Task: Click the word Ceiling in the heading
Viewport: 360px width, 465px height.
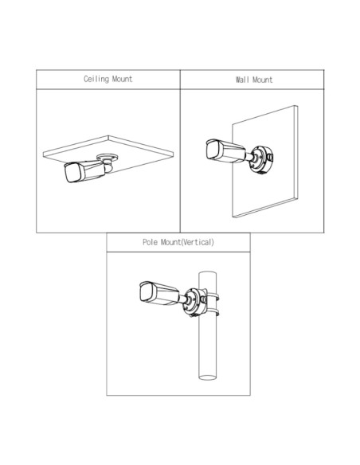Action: (96, 79)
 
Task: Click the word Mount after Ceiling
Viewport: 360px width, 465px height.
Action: (122, 79)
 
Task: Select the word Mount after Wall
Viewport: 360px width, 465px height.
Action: (262, 80)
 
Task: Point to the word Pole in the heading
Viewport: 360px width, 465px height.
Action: (150, 242)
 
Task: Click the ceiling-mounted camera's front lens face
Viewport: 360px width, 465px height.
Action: (72, 172)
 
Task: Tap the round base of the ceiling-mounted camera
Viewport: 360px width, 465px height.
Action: (108, 157)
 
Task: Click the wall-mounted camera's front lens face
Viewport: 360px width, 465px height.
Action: (213, 150)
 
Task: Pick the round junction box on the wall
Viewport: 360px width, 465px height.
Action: (261, 159)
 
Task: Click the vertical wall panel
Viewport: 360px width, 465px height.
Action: (264, 162)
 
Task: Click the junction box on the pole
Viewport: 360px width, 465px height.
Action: (194, 302)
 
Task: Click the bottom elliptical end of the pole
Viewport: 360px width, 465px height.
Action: (208, 377)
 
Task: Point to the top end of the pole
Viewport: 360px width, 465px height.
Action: (208, 273)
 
